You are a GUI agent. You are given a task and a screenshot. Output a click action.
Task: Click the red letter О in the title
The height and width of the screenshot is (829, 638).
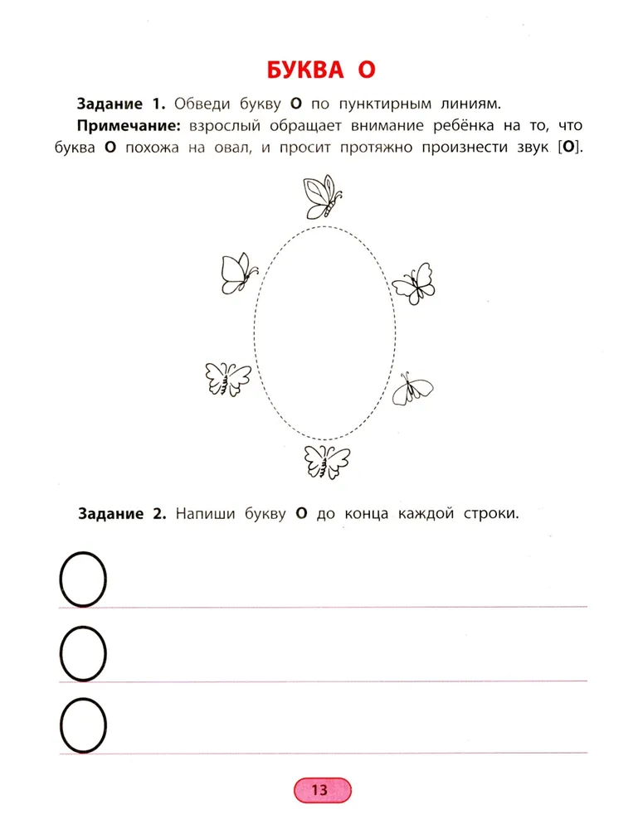367,69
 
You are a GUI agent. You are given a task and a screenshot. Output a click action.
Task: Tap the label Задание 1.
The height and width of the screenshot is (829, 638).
121,104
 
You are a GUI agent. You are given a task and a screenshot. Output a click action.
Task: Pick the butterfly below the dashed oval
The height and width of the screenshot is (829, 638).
327,460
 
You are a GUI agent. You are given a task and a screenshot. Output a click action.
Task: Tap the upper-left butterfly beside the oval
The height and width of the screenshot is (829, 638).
238,272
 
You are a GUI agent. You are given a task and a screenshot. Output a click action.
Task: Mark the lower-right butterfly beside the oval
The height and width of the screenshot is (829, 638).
412,388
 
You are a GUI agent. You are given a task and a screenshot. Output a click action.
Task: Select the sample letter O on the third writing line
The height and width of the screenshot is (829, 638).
83,725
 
